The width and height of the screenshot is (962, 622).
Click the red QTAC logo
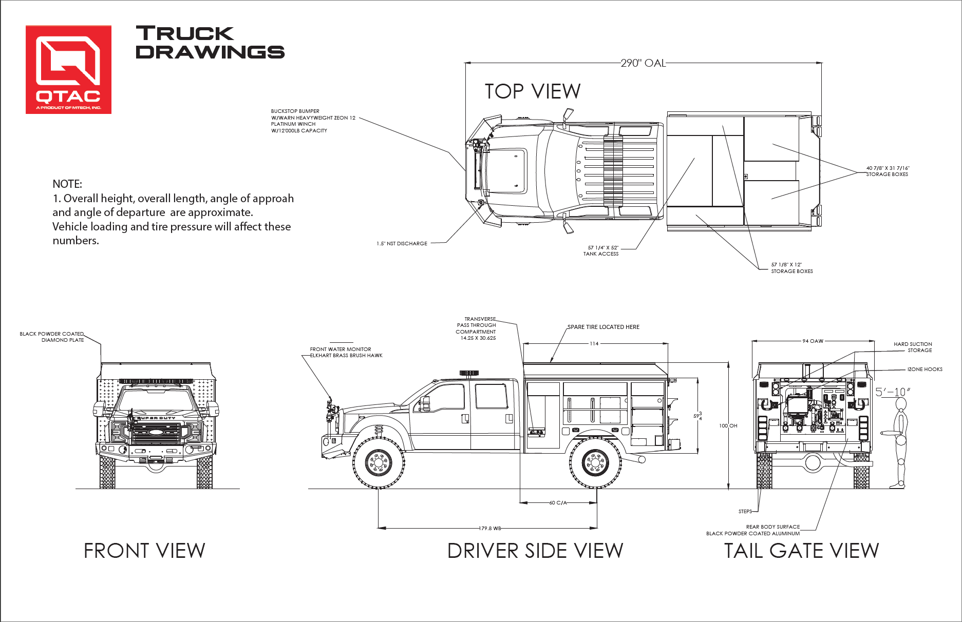(x=69, y=69)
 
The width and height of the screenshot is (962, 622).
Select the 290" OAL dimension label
(x=643, y=63)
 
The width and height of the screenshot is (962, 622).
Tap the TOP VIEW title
(x=533, y=91)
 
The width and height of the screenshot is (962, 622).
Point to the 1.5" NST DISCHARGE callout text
(x=402, y=244)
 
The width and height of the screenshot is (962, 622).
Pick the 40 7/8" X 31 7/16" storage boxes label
(x=888, y=171)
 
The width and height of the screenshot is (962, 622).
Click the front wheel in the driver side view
(x=379, y=462)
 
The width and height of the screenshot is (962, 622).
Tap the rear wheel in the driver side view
(x=596, y=462)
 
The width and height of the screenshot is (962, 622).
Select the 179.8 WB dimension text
(x=490, y=528)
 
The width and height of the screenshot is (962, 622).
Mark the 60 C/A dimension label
(x=558, y=503)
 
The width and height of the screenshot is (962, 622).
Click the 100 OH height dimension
(x=728, y=426)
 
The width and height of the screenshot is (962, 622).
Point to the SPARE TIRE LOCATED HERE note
(x=603, y=327)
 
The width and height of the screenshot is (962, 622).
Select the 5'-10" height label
(x=893, y=392)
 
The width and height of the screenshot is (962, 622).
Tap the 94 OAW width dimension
(x=813, y=341)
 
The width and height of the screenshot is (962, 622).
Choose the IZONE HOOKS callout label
(x=925, y=370)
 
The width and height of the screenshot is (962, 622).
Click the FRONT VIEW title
(x=144, y=551)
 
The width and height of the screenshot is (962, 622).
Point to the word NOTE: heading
(x=67, y=184)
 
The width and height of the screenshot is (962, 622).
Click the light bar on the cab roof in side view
(x=469, y=373)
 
